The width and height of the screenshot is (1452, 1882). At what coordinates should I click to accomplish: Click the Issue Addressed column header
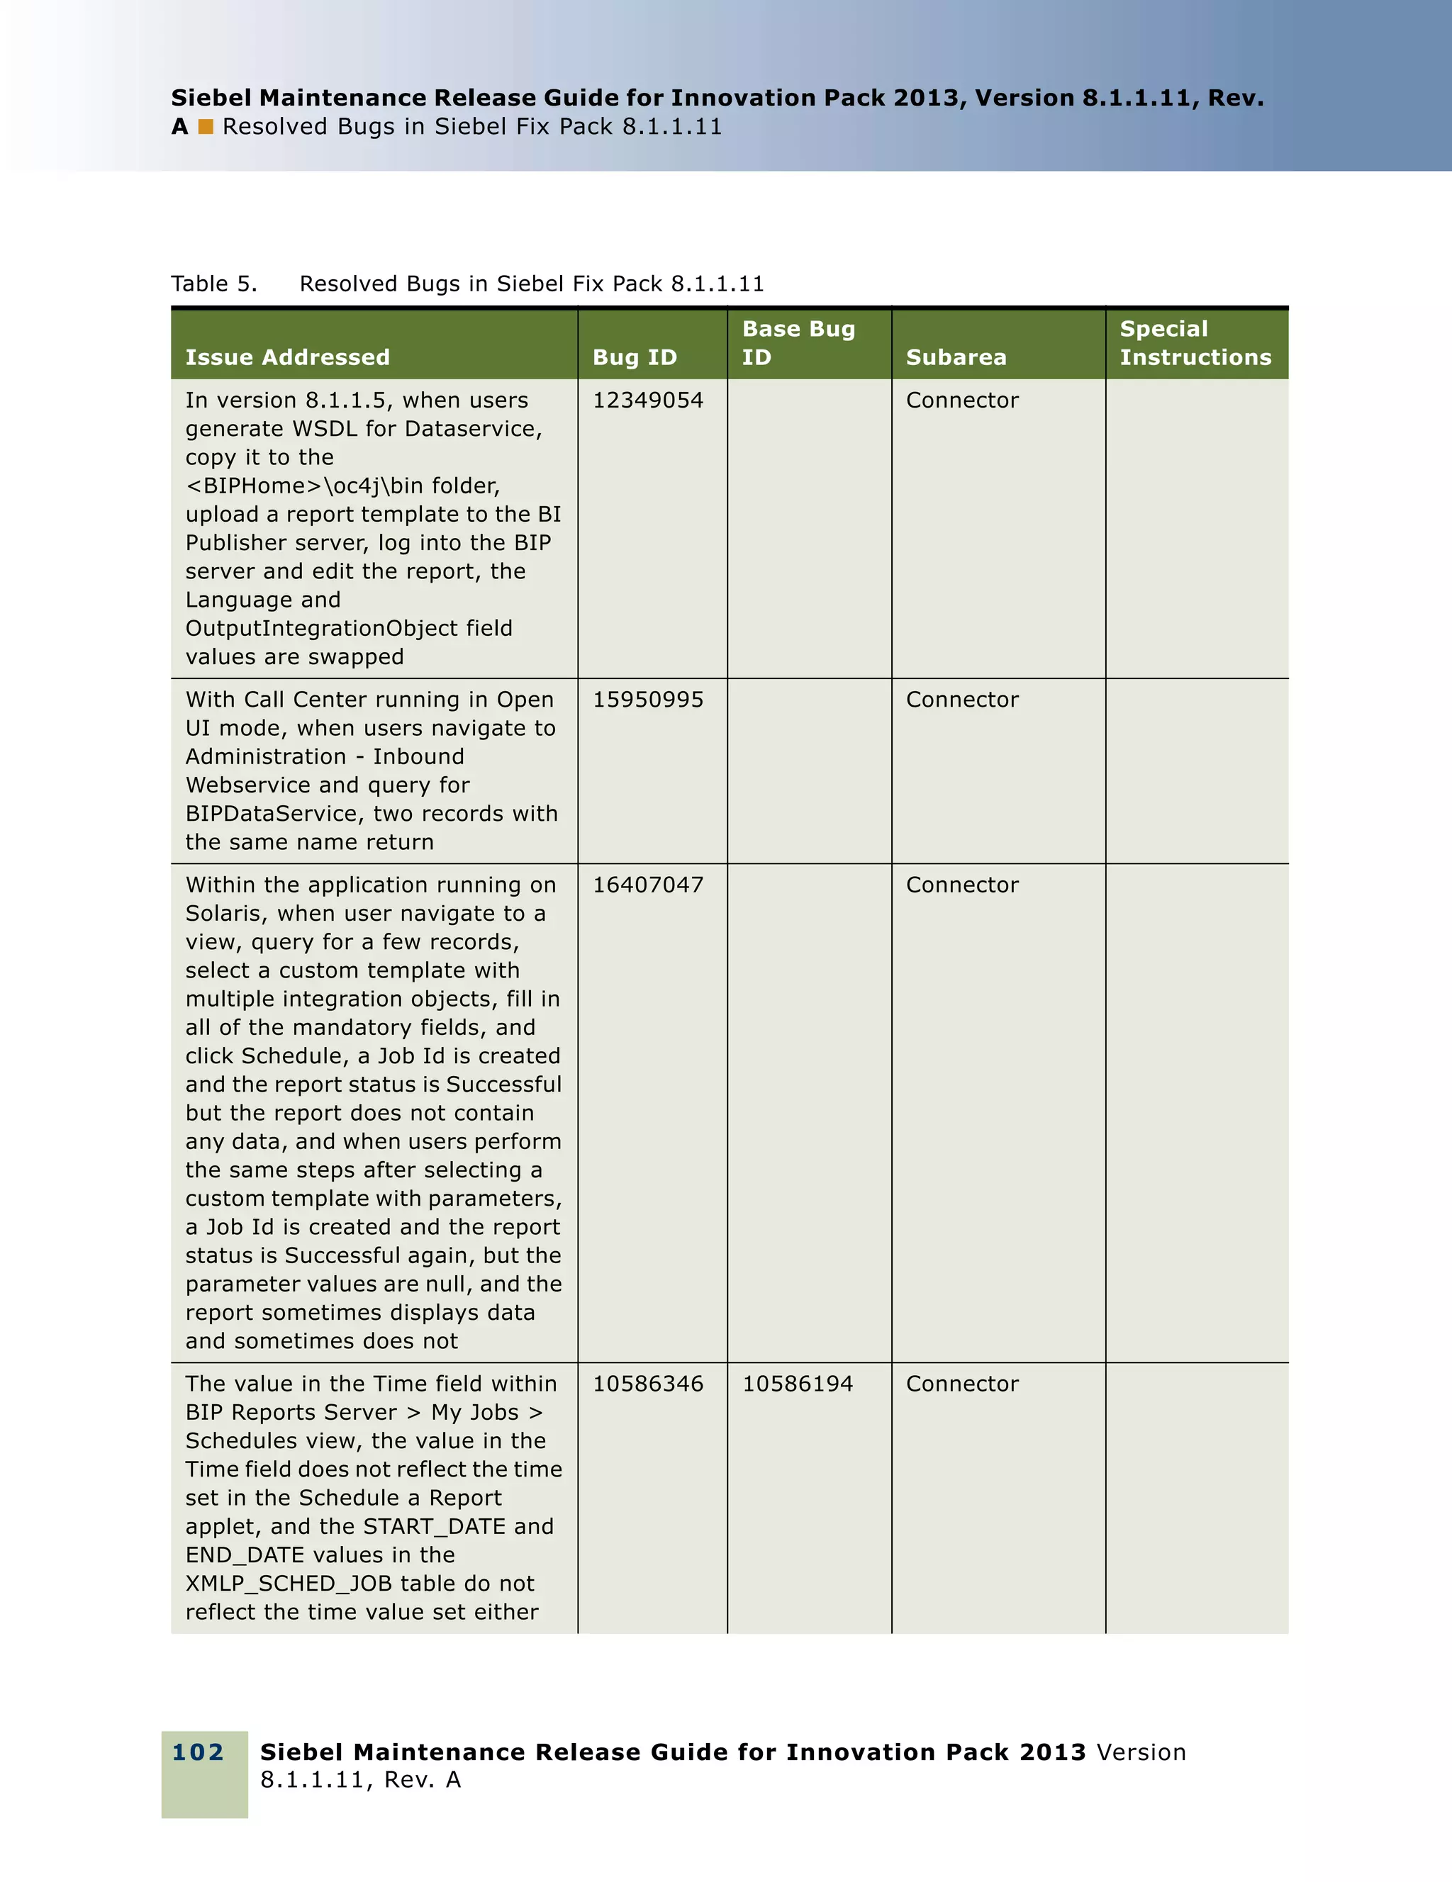[x=287, y=357]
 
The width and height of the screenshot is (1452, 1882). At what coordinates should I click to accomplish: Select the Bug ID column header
[x=635, y=357]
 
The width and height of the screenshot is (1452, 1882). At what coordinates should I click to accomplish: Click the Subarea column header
[x=956, y=357]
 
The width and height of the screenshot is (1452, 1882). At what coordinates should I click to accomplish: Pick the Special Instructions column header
[x=1195, y=343]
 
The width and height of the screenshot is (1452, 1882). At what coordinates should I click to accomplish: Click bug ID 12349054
[x=647, y=400]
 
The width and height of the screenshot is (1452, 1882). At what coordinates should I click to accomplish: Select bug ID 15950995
[x=647, y=700]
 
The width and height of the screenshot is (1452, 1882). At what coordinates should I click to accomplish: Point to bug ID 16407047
[x=647, y=885]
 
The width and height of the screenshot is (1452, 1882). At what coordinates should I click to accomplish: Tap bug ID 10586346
[x=647, y=1384]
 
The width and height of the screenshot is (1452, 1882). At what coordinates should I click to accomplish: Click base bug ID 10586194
[x=797, y=1384]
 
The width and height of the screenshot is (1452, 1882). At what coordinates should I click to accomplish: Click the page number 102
[x=199, y=1752]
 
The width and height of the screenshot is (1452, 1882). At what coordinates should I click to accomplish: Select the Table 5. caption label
[x=213, y=284]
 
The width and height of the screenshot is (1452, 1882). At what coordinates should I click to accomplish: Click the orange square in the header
[x=205, y=127]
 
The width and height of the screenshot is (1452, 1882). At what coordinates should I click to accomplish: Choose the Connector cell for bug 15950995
[x=961, y=700]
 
